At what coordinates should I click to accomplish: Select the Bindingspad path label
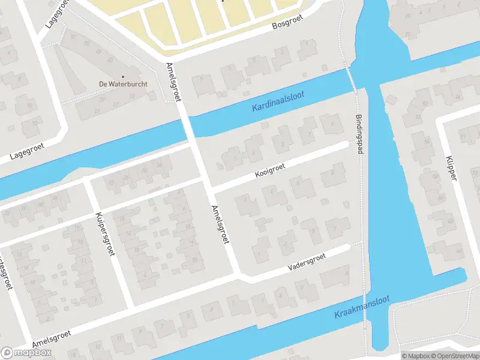tap(359, 134)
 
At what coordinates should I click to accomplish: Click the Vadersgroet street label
tap(306, 260)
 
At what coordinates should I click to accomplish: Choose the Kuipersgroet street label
tap(105, 233)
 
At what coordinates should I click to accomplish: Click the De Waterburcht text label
tap(123, 84)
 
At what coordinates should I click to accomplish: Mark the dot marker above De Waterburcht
tap(123, 76)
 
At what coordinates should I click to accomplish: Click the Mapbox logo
tap(26, 352)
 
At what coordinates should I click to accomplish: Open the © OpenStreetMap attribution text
tap(448, 356)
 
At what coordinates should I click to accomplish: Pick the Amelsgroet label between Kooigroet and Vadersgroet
tap(220, 225)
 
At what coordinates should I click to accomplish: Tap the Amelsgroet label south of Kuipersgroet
tap(52, 335)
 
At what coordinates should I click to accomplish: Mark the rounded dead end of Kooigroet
tap(344, 145)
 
